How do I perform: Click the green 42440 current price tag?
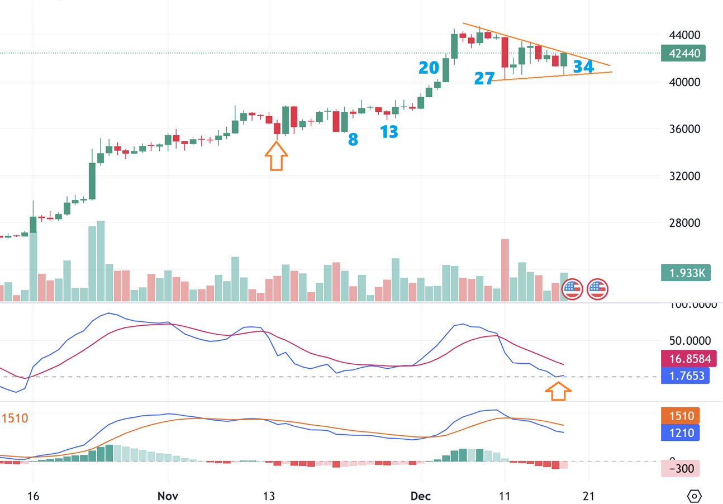[x=683, y=53]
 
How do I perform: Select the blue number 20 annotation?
[x=429, y=68]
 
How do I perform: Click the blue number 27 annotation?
[x=484, y=78]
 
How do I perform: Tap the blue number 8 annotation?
[x=353, y=139]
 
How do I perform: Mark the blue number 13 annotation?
[x=389, y=132]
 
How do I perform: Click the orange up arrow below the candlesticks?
[x=275, y=156]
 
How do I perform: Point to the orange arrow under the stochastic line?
[x=558, y=392]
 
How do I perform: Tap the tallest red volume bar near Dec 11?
[x=505, y=270]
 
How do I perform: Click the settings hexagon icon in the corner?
[x=694, y=496]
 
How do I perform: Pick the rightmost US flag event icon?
[x=597, y=289]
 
